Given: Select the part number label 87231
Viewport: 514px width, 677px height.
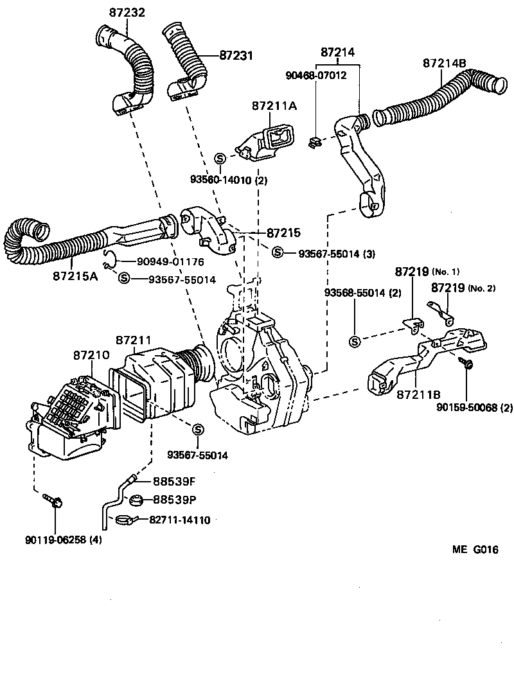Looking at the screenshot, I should coord(236,56).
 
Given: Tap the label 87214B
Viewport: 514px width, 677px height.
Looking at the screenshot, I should coord(445,63).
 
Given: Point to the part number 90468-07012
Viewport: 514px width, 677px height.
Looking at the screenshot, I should coord(316,75).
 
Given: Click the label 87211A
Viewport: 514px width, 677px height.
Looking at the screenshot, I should coord(274,106).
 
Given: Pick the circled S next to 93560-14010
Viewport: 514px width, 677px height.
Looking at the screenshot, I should coord(219,158).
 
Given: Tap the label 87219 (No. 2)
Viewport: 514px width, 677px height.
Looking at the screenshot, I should coord(463,288).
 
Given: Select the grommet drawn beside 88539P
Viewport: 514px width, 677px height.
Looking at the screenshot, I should coord(136,500).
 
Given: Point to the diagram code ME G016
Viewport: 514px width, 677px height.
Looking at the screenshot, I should coord(474,550).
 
